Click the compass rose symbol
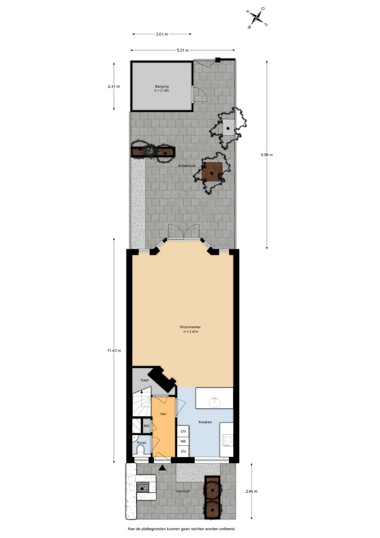[257, 18]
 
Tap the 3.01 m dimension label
[162, 34]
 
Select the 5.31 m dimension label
[182, 50]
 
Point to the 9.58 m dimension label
[267, 155]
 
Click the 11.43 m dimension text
[114, 351]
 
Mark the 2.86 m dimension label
[251, 491]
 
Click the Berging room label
[162, 87]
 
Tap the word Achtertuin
[187, 166]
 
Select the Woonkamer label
[190, 327]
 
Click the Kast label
[145, 380]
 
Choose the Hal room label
[163, 414]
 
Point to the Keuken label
[205, 422]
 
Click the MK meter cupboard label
[147, 426]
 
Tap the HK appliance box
[183, 441]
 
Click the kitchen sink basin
[215, 402]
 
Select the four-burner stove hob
[228, 440]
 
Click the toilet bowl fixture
[140, 450]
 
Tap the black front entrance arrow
[162, 468]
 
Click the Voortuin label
[183, 491]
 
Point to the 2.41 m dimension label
[114, 87]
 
